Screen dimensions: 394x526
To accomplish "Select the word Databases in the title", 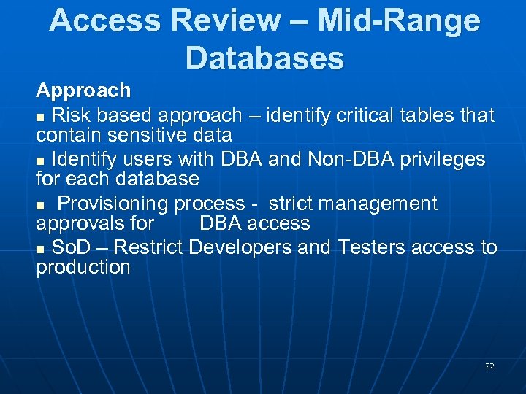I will (264, 58).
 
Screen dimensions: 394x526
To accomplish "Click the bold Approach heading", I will (83, 90).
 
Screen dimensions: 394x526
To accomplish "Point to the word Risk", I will (70, 115).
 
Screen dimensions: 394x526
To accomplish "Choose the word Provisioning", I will (113, 204).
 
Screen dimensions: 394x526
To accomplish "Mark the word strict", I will (294, 204).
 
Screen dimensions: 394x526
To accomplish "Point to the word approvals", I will (95, 223).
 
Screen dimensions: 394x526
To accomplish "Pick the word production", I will (83, 267).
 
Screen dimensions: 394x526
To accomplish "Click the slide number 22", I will (489, 366).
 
